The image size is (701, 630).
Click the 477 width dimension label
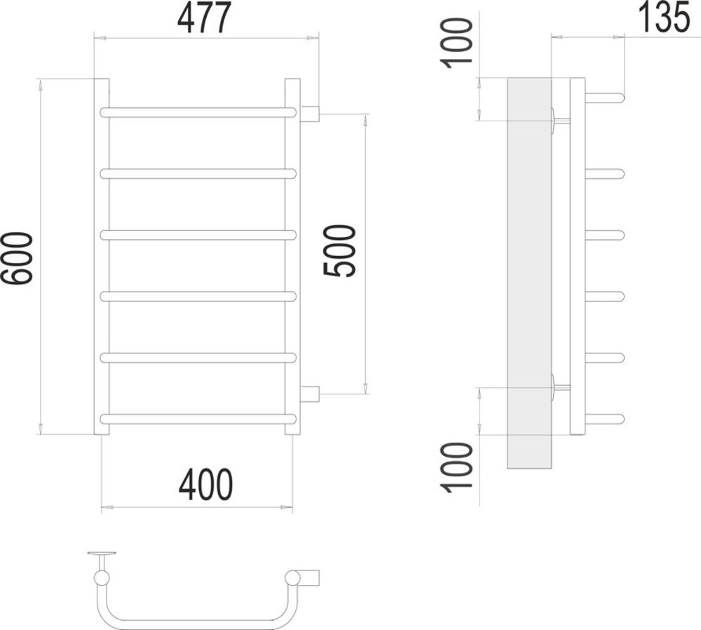coord(205,18)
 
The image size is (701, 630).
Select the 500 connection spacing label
coord(340,251)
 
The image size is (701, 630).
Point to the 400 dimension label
coord(205,485)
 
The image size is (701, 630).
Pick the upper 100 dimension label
coord(457,43)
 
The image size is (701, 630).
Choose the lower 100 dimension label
coord(457,467)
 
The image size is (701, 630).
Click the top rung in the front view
coord(198,112)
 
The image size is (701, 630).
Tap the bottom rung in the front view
coord(198,419)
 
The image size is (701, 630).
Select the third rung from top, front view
coord(198,235)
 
